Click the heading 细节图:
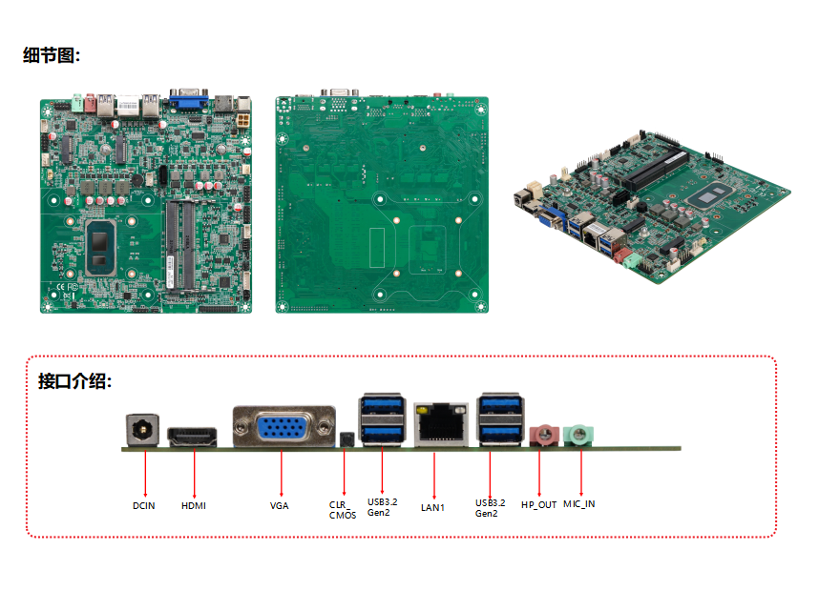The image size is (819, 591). click(x=52, y=56)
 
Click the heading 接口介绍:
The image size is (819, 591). click(x=74, y=382)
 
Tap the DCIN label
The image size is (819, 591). click(x=144, y=506)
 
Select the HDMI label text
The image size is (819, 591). click(x=194, y=506)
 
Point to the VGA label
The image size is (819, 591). click(x=280, y=506)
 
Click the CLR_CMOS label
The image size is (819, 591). click(x=343, y=510)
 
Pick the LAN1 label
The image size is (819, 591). click(x=433, y=507)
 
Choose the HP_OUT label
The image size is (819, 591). click(x=538, y=504)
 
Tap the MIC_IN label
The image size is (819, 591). click(x=578, y=503)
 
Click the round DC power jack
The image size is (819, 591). click(x=143, y=430)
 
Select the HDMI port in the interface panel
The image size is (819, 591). click(x=193, y=438)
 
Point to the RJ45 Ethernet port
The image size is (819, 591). click(x=440, y=424)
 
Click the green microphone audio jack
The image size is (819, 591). click(x=577, y=436)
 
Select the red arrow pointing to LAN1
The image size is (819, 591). click(x=434, y=472)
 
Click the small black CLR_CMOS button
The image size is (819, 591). click(x=346, y=439)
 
